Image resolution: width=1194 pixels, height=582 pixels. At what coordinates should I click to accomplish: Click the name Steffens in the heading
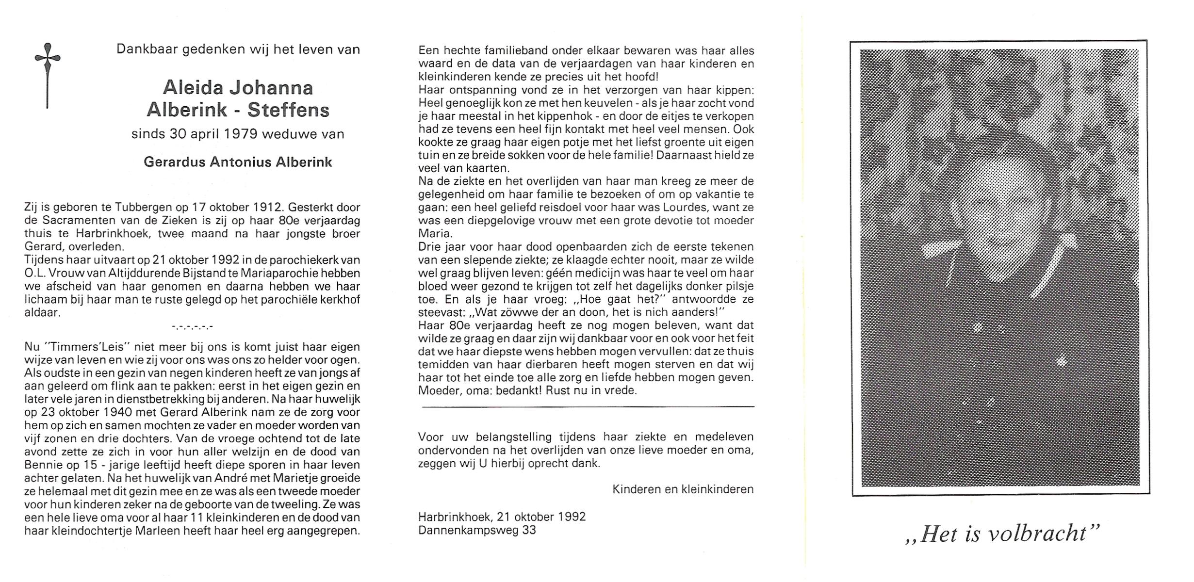288,111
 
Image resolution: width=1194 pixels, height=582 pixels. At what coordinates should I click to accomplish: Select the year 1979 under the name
241,134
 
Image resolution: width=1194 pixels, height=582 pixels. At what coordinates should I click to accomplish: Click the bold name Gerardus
175,162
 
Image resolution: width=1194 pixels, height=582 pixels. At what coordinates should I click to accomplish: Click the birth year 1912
266,207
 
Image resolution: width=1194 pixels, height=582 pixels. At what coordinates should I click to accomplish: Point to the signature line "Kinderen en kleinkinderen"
683,489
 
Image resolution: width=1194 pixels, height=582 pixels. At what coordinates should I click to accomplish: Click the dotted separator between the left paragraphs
192,327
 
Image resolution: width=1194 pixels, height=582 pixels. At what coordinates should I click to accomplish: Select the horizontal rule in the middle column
588,406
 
